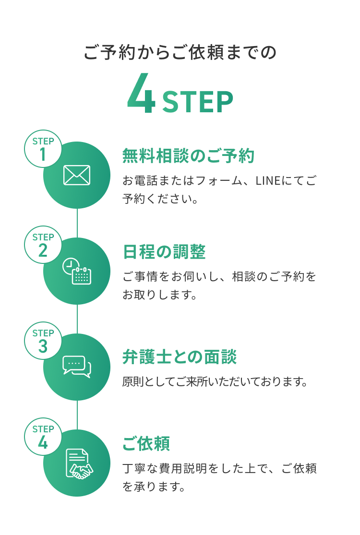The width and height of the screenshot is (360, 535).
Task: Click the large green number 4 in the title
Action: [141, 93]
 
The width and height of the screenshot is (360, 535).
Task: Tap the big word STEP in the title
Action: [198, 102]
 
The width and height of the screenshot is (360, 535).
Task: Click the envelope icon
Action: [77, 175]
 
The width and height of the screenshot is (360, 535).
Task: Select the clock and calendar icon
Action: [77, 271]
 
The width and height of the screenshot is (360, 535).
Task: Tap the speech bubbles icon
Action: [77, 367]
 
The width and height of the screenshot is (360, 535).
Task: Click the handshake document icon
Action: [79, 464]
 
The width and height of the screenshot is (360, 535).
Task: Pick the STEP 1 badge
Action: [43, 149]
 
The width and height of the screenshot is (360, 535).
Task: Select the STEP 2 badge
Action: [43, 245]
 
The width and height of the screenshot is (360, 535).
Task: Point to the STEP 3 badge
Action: [43, 341]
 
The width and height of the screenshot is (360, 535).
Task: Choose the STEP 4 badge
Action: [43, 436]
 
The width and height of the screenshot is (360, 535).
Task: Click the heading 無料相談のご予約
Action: [188, 155]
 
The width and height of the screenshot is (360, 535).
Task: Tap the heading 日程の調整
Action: [164, 252]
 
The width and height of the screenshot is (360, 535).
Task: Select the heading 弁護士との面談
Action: [180, 357]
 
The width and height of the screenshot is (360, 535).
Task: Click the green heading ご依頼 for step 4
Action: [146, 443]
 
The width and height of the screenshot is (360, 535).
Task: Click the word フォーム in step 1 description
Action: [219, 180]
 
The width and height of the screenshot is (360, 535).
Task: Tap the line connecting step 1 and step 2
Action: [77, 223]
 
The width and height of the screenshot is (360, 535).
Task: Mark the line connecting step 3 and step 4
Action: [77, 415]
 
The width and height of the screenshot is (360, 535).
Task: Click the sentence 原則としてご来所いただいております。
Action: [216, 381]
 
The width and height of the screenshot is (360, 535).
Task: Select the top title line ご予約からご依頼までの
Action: [180, 52]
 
